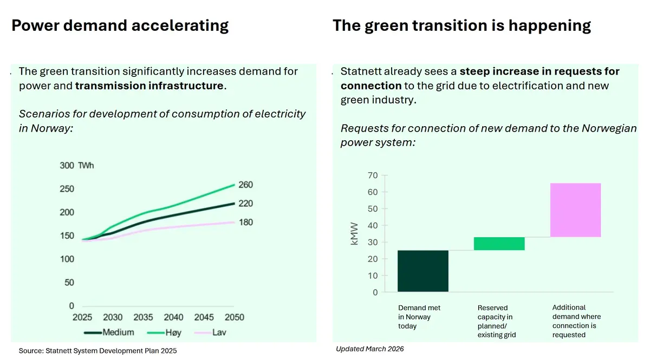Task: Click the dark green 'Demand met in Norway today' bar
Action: (423, 271)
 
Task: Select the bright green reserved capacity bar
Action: (499, 244)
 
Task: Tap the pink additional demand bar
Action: (575, 210)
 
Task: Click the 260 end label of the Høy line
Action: (246, 185)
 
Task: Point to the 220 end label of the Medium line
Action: (246, 204)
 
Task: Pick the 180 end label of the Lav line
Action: (246, 222)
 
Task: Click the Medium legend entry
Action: (109, 332)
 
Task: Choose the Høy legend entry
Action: (164, 332)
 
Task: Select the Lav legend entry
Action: (210, 332)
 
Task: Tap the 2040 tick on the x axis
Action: (173, 317)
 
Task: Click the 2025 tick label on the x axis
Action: (82, 317)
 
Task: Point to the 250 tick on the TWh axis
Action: (67, 189)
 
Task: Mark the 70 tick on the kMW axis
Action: (373, 175)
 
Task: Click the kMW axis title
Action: (354, 234)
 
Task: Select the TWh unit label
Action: (86, 165)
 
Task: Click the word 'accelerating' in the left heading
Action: (180, 26)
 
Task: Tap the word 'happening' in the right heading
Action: (550, 26)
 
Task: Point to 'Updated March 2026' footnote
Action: (369, 349)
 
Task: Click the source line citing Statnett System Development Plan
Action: (98, 351)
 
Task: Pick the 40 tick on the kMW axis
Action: (373, 225)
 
